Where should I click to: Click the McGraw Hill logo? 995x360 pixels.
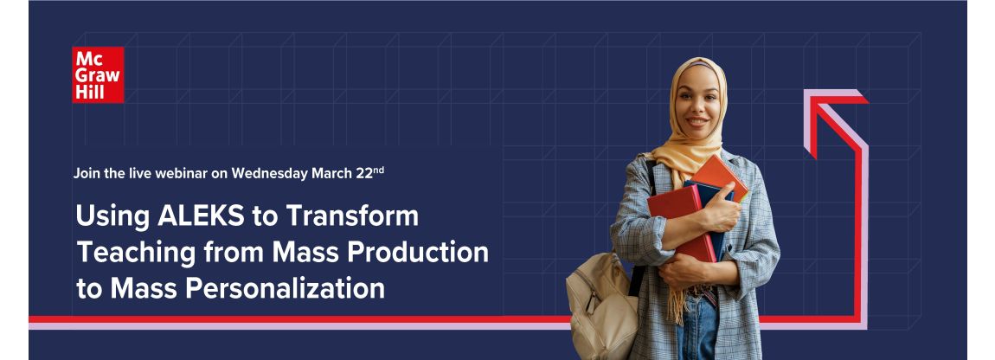98,74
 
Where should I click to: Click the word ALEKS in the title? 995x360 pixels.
201,216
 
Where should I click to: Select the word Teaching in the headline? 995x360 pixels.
137,254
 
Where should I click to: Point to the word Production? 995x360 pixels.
419,252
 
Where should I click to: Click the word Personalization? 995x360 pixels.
285,288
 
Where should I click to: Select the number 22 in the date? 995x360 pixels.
363,173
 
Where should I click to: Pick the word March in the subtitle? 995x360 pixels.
331,173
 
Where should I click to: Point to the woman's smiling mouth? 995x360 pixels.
696,120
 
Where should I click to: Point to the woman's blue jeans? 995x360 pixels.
697,326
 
